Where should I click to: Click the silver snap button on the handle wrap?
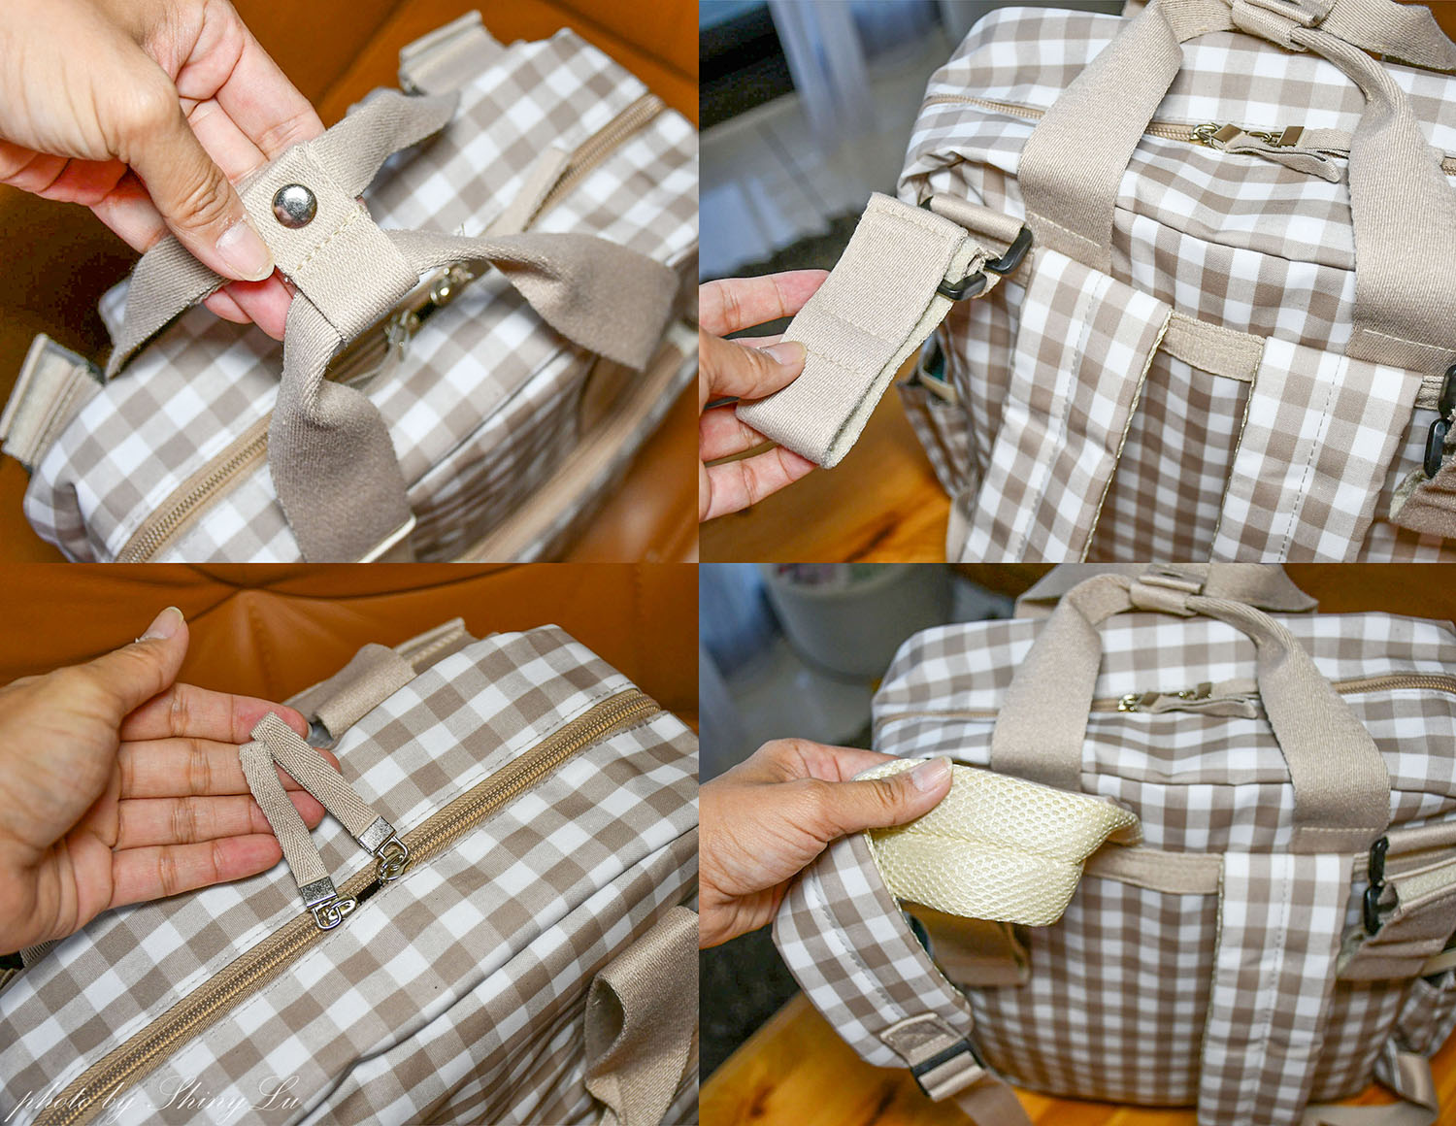click(294, 205)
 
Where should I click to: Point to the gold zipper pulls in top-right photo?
click(1246, 137)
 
